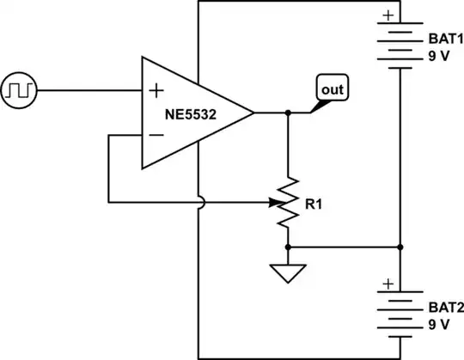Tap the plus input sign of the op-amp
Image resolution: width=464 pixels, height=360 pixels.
click(157, 89)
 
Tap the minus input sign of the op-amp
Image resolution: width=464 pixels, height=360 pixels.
click(157, 135)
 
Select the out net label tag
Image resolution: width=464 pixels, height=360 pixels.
click(332, 88)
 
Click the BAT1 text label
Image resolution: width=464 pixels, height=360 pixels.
click(444, 40)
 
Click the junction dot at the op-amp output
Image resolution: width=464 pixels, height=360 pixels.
click(289, 112)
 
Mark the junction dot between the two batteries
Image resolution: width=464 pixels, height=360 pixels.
click(400, 247)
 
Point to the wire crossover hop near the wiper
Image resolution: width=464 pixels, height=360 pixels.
click(198, 204)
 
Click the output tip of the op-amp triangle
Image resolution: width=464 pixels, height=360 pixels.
click(254, 112)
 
